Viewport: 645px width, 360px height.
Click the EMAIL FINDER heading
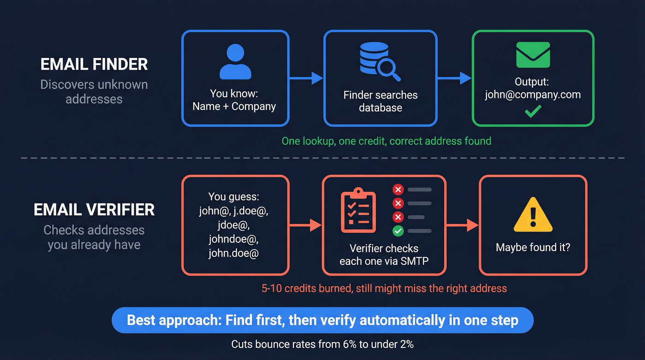point(94,64)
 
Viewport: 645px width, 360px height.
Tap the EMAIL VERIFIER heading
point(94,210)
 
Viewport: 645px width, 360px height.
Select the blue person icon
point(235,62)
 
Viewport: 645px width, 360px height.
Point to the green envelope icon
point(533,55)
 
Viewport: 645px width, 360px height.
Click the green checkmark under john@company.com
point(533,111)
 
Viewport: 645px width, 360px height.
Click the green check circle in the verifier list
point(398,230)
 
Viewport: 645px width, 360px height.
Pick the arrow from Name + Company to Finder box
point(306,78)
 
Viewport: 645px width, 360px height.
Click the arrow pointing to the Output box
point(454,78)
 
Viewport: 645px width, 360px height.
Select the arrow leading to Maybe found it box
point(463,225)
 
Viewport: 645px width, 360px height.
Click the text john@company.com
point(533,95)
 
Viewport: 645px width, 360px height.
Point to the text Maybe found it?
point(533,248)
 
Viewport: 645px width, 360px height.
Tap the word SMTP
point(415,261)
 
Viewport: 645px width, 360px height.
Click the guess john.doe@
point(234,253)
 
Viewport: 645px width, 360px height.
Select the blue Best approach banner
point(322,320)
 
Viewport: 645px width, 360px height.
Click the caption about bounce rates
point(322,344)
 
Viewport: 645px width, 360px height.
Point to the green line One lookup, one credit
point(386,141)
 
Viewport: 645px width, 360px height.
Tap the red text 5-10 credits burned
point(384,289)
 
